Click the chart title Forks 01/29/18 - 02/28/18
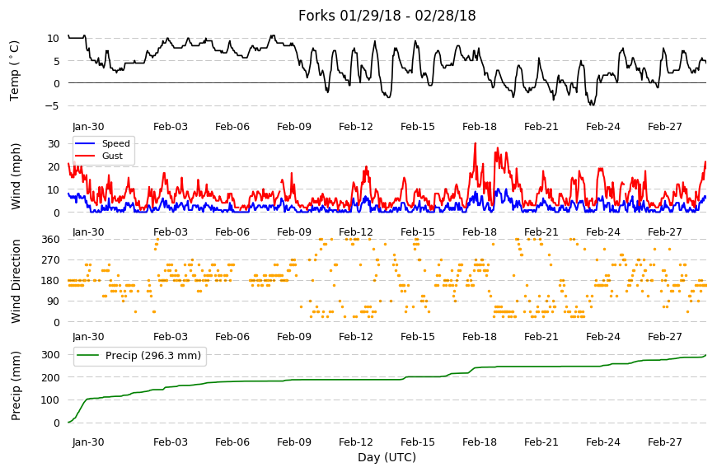tap(387, 16)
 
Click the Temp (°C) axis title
tap(15, 71)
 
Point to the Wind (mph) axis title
tap(16, 176)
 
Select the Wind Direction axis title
tap(16, 281)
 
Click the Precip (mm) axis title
tap(16, 386)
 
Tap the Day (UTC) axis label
tap(387, 457)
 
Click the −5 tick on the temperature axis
tap(53, 106)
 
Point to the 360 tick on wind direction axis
tap(51, 240)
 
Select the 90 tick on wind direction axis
tap(54, 301)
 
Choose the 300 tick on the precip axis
tap(51, 355)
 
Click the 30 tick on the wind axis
tap(54, 144)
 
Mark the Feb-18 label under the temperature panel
tap(479, 127)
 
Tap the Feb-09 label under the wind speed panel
tap(294, 232)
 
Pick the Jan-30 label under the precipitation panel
tap(88, 442)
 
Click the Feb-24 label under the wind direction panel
tap(603, 337)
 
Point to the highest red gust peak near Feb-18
tap(475, 143)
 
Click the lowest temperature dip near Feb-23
tap(593, 105)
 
